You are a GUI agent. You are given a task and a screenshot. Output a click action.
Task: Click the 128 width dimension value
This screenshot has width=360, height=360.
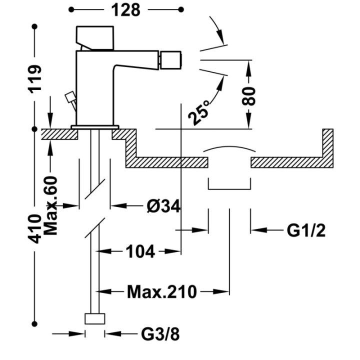[125, 10]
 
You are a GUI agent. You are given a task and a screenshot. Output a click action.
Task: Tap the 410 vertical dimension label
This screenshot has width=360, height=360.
[34, 228]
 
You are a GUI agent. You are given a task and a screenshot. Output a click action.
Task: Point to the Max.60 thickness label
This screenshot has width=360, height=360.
[50, 205]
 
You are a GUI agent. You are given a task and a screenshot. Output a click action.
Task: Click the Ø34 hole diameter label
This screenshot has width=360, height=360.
[163, 206]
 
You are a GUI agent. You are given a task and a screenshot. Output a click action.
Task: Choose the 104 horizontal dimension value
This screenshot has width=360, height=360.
[140, 251]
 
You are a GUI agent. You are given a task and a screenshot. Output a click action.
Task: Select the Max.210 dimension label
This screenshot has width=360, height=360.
[162, 292]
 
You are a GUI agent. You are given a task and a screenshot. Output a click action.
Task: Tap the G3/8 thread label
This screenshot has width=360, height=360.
[160, 334]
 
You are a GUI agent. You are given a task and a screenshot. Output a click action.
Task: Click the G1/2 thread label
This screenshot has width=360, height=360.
[306, 230]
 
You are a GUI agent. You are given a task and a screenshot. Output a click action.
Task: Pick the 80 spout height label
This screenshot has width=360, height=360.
[249, 96]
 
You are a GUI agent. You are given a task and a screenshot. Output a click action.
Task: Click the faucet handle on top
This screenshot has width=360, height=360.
[95, 38]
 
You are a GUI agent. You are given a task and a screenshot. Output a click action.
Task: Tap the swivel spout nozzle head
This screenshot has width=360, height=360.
[171, 60]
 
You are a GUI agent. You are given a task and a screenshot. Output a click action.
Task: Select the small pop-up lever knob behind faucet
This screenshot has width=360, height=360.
[69, 97]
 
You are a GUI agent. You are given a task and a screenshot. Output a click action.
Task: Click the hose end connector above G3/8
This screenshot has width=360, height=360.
[95, 318]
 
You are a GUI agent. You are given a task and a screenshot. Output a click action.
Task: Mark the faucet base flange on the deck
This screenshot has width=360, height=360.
[95, 127]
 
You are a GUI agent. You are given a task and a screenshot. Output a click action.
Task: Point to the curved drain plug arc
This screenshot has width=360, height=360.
[229, 147]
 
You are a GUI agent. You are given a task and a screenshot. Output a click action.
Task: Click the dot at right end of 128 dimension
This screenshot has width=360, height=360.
[181, 9]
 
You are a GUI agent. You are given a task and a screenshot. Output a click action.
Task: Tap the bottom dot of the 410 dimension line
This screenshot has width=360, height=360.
[34, 324]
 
